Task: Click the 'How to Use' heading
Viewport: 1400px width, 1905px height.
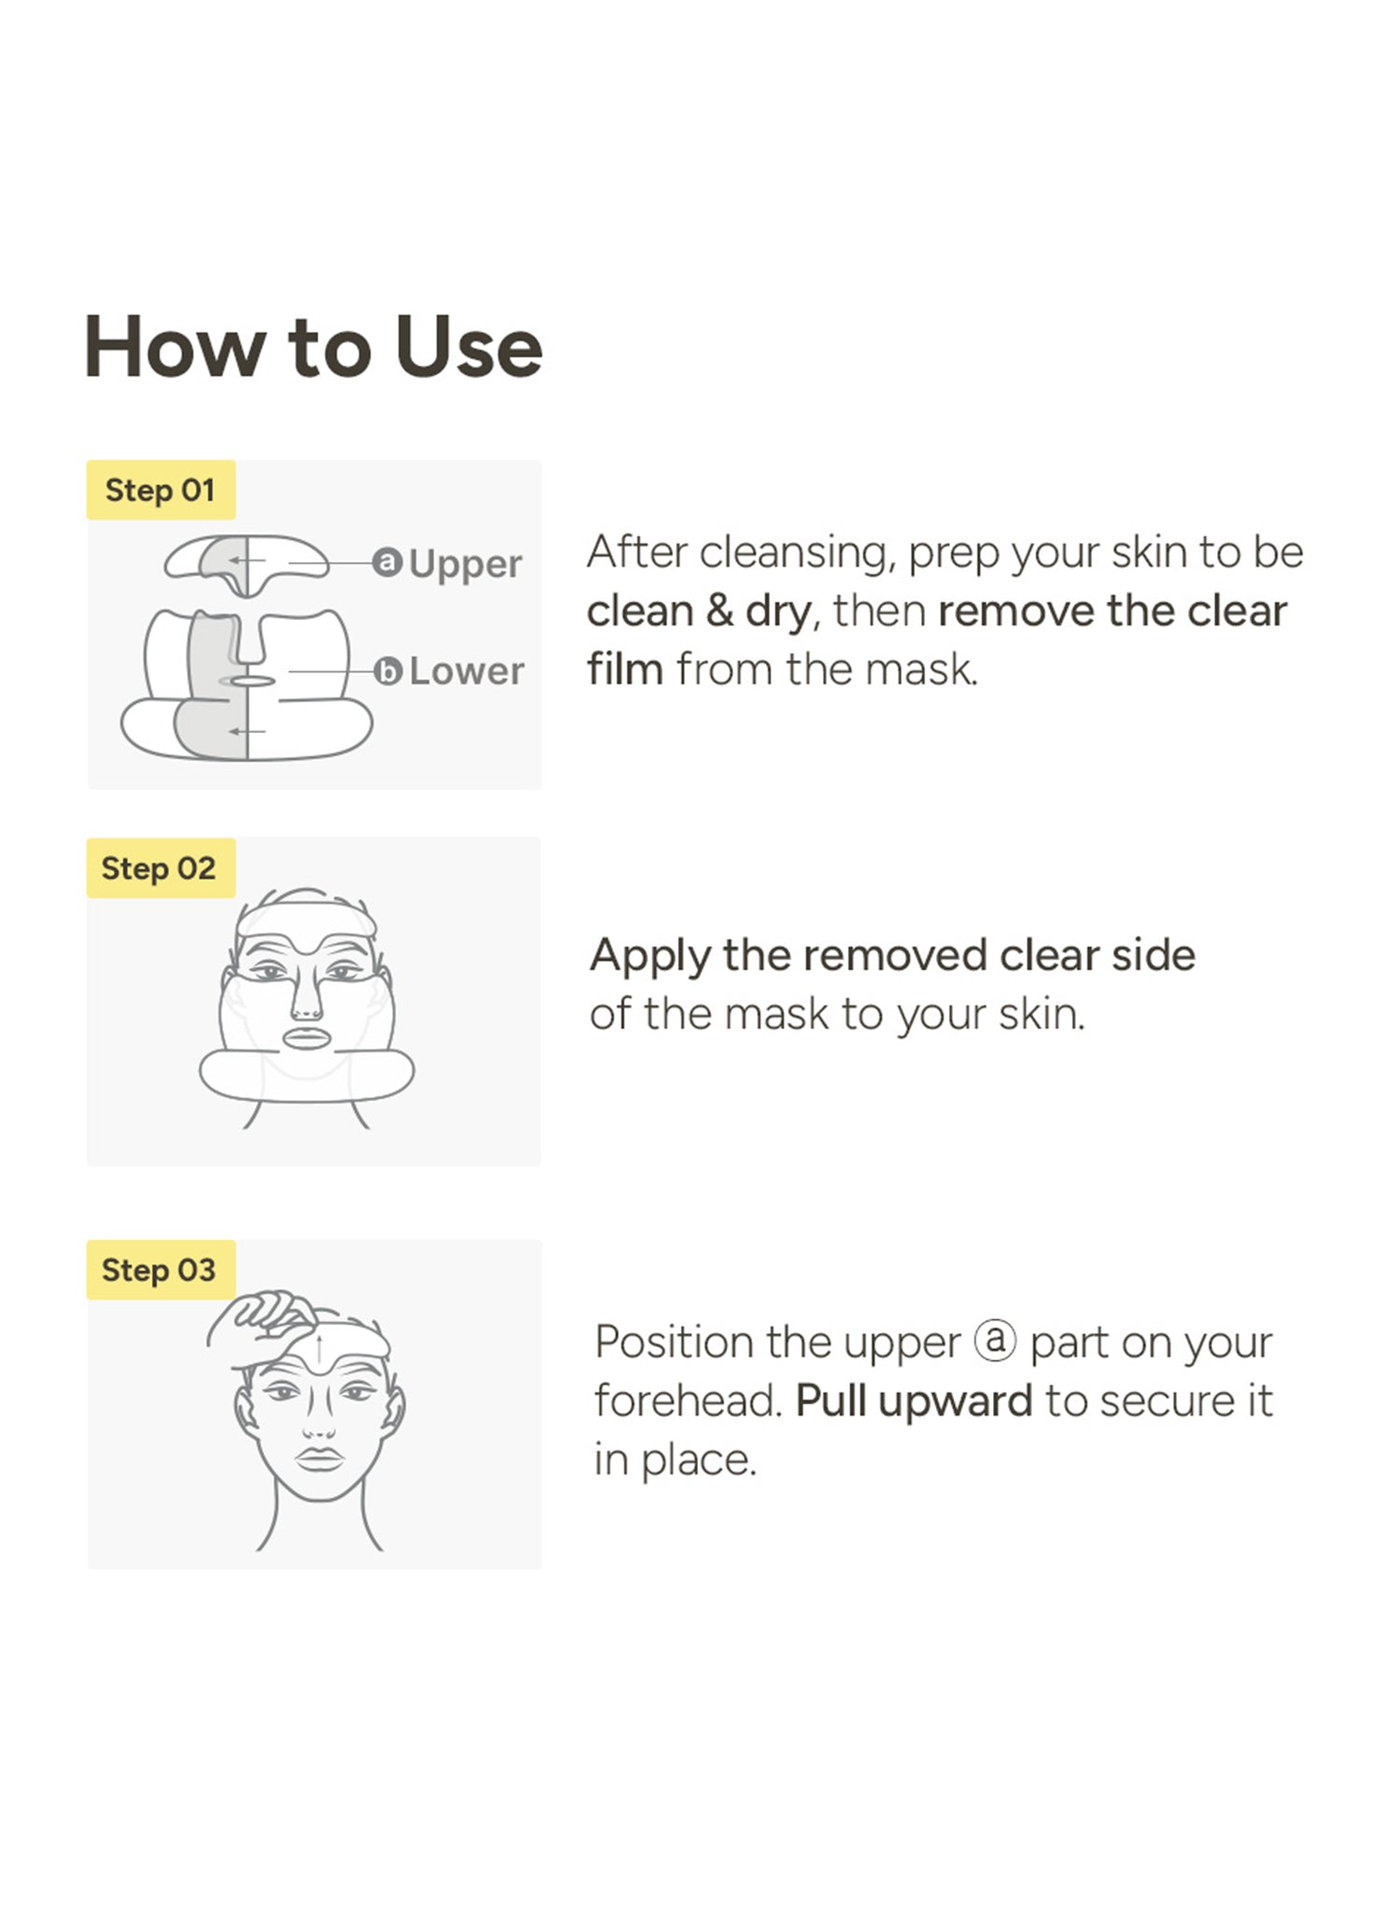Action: click(314, 347)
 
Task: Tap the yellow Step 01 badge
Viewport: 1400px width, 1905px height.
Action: click(161, 489)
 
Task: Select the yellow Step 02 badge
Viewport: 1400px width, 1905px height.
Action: click(161, 868)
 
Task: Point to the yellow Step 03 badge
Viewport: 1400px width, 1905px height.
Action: click(161, 1270)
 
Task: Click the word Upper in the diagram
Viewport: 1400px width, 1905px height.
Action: click(465, 565)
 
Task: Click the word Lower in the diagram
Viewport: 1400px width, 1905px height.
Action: click(467, 671)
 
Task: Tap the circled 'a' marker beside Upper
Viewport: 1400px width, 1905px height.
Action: click(387, 562)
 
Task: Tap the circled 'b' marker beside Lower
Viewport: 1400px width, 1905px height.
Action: click(387, 671)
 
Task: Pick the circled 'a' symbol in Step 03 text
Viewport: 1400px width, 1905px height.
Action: click(995, 1341)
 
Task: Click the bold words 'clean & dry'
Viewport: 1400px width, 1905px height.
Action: click(698, 612)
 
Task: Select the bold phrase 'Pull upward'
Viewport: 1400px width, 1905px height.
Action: click(914, 1401)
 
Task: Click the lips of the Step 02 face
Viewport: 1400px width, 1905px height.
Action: click(306, 1038)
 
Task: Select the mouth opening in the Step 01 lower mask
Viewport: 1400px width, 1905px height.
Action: click(253, 681)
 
